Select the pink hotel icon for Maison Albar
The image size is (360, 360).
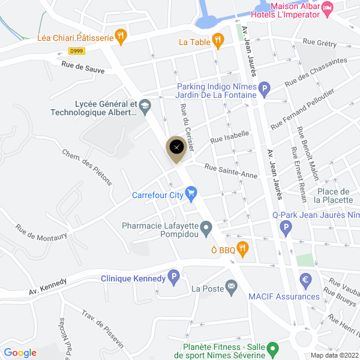(x=327, y=8)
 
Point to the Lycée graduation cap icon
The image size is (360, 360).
(x=144, y=107)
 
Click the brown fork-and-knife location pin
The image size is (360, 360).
(x=176, y=148)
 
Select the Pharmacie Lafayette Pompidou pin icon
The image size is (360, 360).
(x=206, y=227)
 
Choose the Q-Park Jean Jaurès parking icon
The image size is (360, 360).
(x=286, y=228)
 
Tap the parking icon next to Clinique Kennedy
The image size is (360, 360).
(x=174, y=278)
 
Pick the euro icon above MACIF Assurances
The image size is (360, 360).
(x=306, y=280)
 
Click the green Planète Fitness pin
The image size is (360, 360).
(x=273, y=348)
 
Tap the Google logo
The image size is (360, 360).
(x=20, y=353)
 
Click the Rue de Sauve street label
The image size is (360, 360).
(x=82, y=70)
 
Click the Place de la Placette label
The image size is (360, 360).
(x=337, y=196)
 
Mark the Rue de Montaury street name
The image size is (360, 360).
(x=41, y=233)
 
